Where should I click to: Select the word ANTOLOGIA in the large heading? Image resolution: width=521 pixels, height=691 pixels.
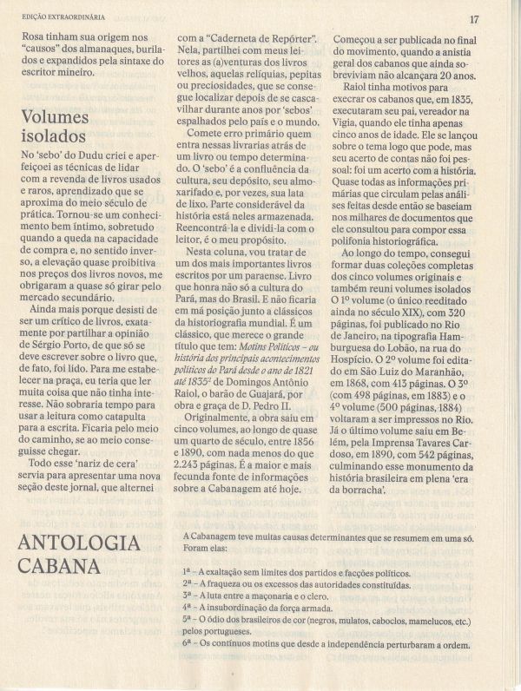tap(78, 544)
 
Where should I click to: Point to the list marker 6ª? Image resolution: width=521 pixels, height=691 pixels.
tap(188, 645)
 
